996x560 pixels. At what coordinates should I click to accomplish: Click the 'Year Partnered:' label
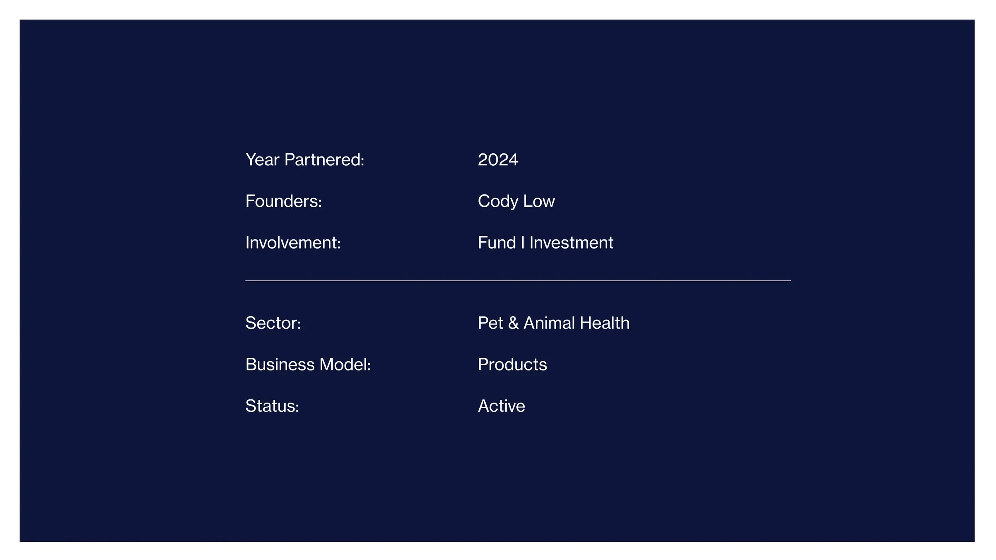[304, 160]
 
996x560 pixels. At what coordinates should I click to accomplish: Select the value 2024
[498, 160]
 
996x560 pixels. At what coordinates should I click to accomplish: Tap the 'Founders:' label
[283, 201]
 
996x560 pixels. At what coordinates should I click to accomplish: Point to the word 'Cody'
[498, 201]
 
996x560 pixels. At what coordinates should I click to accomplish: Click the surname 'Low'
[539, 201]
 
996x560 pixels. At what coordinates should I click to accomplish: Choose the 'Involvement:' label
[293, 243]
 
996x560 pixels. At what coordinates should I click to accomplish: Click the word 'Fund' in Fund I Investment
[497, 243]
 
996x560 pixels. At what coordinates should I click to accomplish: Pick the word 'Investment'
[571, 243]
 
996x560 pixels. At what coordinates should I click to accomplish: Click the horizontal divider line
[518, 281]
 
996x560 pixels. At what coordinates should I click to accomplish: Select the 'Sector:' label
[273, 323]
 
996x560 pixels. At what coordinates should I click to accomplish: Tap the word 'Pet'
[490, 323]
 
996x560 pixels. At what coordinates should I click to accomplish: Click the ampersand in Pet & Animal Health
[513, 323]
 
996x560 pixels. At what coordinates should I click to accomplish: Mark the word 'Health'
[604, 323]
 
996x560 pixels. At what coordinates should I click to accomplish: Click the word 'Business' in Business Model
[280, 364]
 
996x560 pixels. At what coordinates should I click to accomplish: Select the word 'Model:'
[345, 364]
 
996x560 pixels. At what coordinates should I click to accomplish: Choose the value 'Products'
[512, 364]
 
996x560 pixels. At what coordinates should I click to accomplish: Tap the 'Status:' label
[272, 406]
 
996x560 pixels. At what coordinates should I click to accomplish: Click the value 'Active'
[501, 406]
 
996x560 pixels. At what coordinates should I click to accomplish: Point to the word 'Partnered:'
[324, 160]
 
